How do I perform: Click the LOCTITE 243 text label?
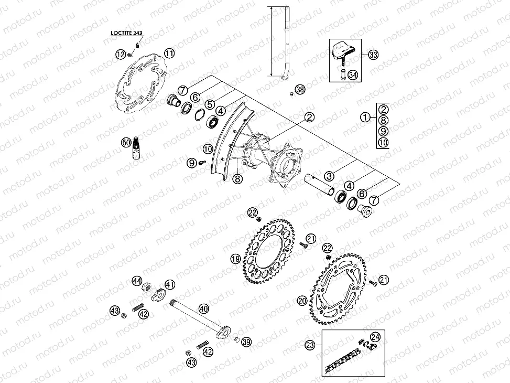tap(126, 33)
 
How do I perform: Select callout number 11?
tap(169, 54)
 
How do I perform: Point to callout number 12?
tap(120, 54)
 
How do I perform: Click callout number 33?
tap(373, 55)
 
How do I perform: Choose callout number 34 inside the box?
tap(353, 75)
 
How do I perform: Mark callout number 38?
tap(299, 90)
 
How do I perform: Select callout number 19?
tap(235, 259)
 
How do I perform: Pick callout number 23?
tap(310, 345)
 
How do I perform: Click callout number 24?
tap(375, 337)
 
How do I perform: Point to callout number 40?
tap(203, 309)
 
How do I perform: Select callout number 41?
tap(170, 284)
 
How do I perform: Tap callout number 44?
tap(137, 281)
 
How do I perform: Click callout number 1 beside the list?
tap(364, 118)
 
